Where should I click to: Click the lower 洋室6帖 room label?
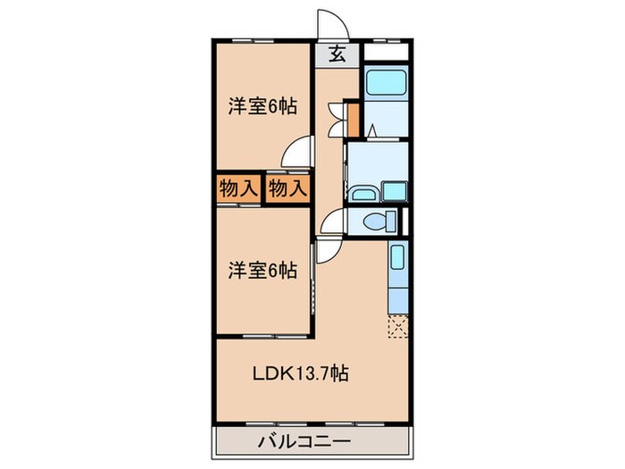pos(262,268)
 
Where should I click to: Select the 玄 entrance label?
pos(340,53)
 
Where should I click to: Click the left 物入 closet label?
pos(237,188)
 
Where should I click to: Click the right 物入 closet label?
pos(287,188)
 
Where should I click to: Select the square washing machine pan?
pos(394,190)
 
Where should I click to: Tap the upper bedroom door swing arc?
pos(299,152)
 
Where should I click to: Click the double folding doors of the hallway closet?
pos(336,116)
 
